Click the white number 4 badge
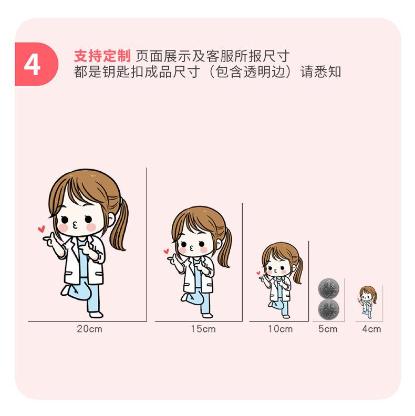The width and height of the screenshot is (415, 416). click(x=33, y=65)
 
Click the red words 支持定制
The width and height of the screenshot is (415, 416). click(x=102, y=56)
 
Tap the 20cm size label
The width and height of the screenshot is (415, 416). click(x=89, y=329)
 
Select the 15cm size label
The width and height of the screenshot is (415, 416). click(x=203, y=329)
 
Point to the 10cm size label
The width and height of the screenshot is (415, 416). click(x=280, y=329)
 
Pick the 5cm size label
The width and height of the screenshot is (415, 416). click(x=328, y=329)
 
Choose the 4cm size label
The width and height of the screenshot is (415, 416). click(x=371, y=329)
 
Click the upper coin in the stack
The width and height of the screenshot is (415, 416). click(x=328, y=289)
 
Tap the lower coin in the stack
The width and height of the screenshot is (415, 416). click(x=328, y=309)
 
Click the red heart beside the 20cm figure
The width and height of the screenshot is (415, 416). click(x=41, y=229)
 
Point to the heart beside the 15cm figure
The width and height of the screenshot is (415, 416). click(x=166, y=251)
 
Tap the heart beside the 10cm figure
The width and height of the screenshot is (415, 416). click(x=258, y=273)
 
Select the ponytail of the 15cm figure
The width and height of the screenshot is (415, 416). click(x=226, y=247)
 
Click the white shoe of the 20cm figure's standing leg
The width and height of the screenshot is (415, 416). click(x=96, y=315)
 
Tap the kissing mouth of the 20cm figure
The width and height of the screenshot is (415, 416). click(x=75, y=225)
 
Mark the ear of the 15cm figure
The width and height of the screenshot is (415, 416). click(x=218, y=244)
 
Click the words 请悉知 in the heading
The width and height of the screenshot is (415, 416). click(x=321, y=71)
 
